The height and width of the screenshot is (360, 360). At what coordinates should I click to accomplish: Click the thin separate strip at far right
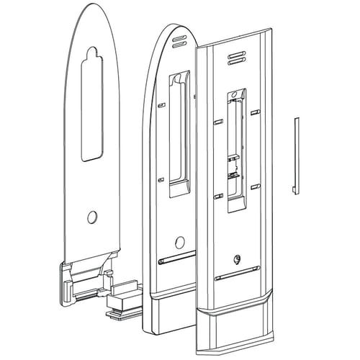(294, 155)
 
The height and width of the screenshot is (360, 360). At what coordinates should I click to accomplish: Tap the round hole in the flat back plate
(92, 217)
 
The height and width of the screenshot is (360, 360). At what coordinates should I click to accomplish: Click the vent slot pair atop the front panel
(235, 59)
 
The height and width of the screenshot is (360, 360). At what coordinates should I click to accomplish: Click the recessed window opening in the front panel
(236, 151)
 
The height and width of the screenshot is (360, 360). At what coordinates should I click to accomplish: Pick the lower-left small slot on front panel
(215, 194)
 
